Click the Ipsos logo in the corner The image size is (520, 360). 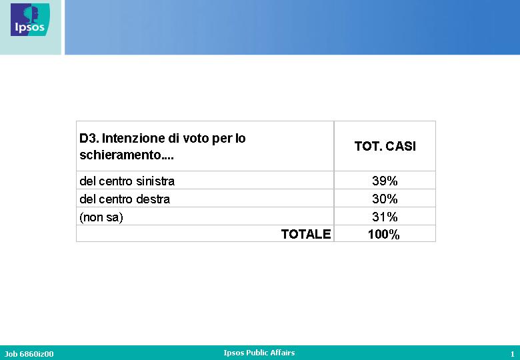pos(30,19)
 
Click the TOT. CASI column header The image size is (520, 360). pos(385,146)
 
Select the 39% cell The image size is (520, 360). pos(385,181)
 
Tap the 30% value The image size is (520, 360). pos(385,199)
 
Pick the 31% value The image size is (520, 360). pos(385,217)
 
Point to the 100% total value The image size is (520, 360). pos(384,235)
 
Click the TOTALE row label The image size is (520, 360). pos(306,234)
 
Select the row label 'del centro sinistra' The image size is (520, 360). pos(127,181)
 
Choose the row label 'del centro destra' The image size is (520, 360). pos(125,199)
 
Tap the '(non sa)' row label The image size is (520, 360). pos(101,217)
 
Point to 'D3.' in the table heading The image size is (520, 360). pos(89,138)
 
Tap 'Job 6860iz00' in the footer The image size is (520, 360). pos(29,354)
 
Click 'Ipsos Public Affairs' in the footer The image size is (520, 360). pos(259,353)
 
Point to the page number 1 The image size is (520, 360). pos(513,354)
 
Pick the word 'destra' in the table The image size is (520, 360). pos(153,199)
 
